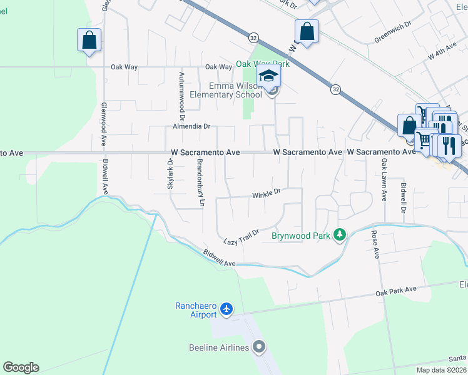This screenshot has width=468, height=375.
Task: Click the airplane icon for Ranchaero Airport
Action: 226,309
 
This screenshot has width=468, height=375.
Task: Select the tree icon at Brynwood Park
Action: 340,235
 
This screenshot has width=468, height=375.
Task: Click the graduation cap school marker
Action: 269,77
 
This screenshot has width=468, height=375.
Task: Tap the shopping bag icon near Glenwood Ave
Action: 89,41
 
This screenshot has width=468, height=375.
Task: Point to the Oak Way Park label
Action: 263,64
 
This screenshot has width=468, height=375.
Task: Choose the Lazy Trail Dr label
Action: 241,237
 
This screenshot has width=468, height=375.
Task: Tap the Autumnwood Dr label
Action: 182,96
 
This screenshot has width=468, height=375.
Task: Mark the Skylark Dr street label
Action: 170,169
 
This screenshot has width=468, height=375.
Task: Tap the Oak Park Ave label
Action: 395,290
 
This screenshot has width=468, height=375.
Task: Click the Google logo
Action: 21,367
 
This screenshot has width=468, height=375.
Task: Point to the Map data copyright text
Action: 442,370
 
